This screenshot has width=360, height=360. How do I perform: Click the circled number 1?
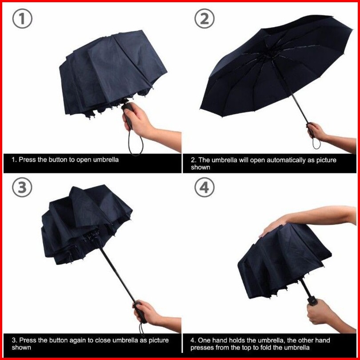click(x=22, y=19)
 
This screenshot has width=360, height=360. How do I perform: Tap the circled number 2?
click(x=204, y=19)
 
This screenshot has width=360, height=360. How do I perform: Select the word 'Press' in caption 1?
click(x=27, y=160)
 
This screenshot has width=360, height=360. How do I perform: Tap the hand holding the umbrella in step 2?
click(x=317, y=132)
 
